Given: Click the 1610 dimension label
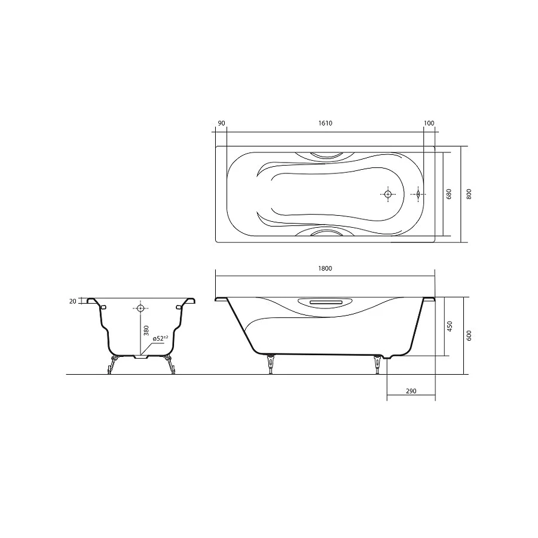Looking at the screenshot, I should point(325,123).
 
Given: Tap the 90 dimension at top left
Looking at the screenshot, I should point(221,123).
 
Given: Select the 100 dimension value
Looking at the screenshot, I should point(429,123).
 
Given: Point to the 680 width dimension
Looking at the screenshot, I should point(450,194).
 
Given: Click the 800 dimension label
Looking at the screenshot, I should point(469,194).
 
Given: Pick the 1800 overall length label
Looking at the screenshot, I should point(325,268).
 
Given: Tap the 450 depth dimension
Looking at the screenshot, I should point(450,326).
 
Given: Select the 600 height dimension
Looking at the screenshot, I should point(469,335).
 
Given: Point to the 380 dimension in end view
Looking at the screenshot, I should point(145,330).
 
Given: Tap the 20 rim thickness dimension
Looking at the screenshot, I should point(73,301).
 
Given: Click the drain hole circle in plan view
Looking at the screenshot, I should point(387,194).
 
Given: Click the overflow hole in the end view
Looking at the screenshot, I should point(140,308).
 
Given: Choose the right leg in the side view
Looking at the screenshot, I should point(377,363).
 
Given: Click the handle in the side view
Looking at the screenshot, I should point(326,302).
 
